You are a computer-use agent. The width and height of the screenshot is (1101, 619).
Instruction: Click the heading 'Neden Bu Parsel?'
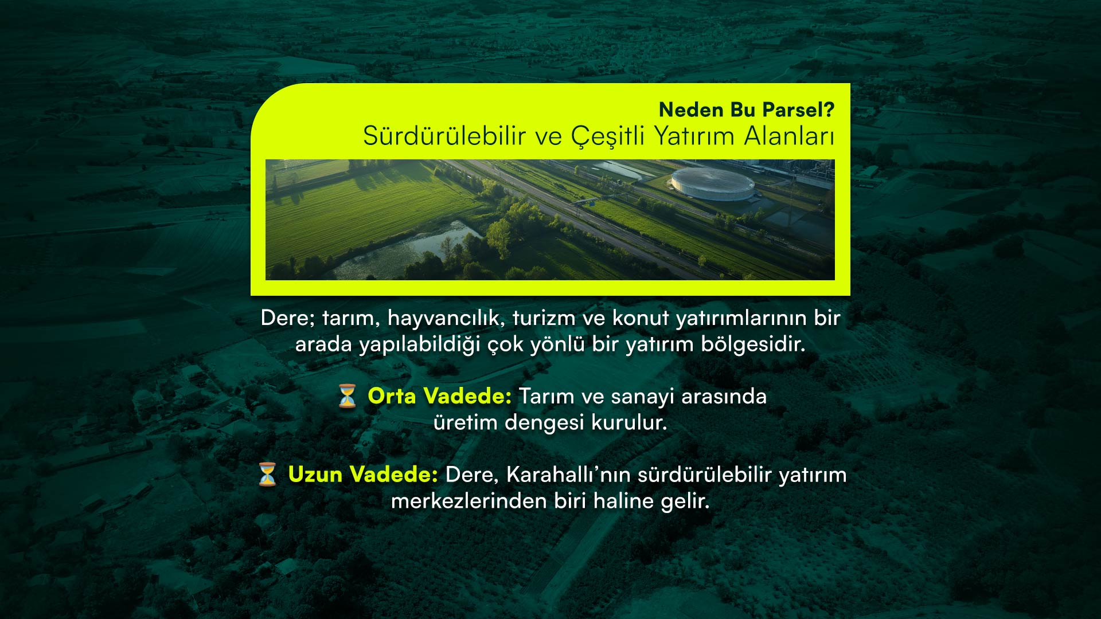(x=747, y=109)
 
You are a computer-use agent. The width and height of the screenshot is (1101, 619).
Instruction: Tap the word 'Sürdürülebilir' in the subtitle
(x=445, y=136)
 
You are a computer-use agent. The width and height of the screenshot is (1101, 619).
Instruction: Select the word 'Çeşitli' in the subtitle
(x=608, y=137)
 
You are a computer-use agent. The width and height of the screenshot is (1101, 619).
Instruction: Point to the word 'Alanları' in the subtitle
(x=789, y=136)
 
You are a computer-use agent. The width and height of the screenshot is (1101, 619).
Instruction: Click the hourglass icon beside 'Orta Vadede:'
(x=348, y=396)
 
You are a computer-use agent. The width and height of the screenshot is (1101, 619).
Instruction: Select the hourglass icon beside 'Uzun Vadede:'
(x=267, y=475)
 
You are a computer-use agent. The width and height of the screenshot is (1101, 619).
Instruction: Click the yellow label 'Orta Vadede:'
(x=440, y=396)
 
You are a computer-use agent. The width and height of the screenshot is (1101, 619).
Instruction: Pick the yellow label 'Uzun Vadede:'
(x=364, y=475)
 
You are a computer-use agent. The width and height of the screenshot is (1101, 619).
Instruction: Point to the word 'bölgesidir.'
(x=753, y=345)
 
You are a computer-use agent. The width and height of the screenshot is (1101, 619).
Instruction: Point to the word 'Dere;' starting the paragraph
(x=288, y=318)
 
